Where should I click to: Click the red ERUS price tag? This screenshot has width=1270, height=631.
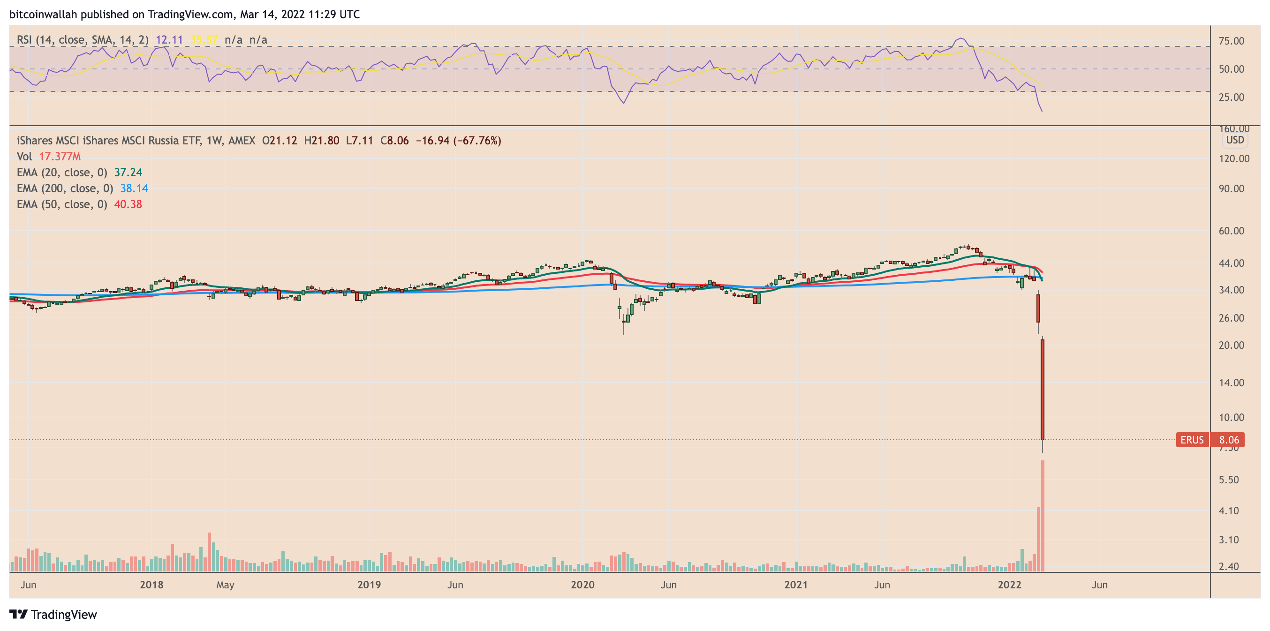click(1192, 440)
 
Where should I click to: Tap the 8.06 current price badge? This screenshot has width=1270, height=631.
click(1228, 440)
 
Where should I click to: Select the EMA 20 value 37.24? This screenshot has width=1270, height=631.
click(128, 173)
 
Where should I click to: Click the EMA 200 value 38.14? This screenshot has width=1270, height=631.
click(134, 188)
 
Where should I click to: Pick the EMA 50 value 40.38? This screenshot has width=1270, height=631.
click(128, 204)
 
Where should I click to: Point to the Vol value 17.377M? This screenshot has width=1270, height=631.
click(60, 157)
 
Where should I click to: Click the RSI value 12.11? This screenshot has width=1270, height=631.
click(169, 40)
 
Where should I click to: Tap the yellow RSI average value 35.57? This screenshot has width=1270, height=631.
click(204, 40)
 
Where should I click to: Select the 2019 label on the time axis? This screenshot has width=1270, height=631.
click(369, 585)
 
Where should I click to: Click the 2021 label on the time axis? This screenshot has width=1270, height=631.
click(796, 585)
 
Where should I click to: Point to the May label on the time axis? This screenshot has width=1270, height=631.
click(225, 585)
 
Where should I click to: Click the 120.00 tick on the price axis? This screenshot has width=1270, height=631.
click(1234, 159)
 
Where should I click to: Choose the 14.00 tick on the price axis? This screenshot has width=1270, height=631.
click(1231, 383)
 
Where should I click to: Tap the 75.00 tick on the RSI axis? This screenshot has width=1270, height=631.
click(1231, 41)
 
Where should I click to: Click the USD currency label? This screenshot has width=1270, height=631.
click(1234, 140)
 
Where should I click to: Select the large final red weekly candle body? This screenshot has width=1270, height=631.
click(1042, 390)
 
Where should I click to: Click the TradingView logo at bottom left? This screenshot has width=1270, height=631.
click(53, 615)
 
